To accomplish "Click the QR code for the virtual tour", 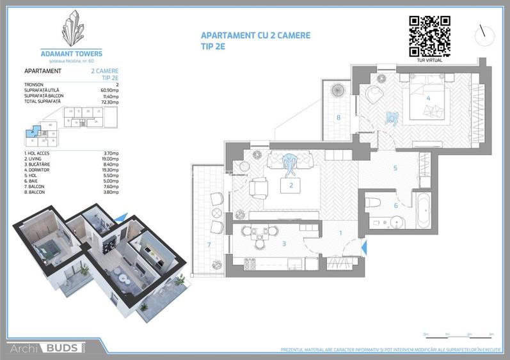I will pyautogui.click(x=429, y=35).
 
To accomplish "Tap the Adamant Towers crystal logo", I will pyautogui.click(x=81, y=28).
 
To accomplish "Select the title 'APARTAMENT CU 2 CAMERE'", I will pyautogui.click(x=255, y=36).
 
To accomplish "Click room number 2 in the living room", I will pyautogui.click(x=291, y=186).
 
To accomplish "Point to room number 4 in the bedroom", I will pyautogui.click(x=427, y=98).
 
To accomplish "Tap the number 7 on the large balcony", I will pyautogui.click(x=209, y=244).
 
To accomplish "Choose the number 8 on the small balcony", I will pyautogui.click(x=338, y=117).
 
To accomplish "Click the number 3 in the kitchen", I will pyautogui.click(x=284, y=243).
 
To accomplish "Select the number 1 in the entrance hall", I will pyautogui.click(x=340, y=233).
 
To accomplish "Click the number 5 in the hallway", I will pyautogui.click(x=395, y=169).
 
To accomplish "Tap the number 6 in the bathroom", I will pyautogui.click(x=395, y=205).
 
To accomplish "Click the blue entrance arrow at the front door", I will pyautogui.click(x=363, y=247).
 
